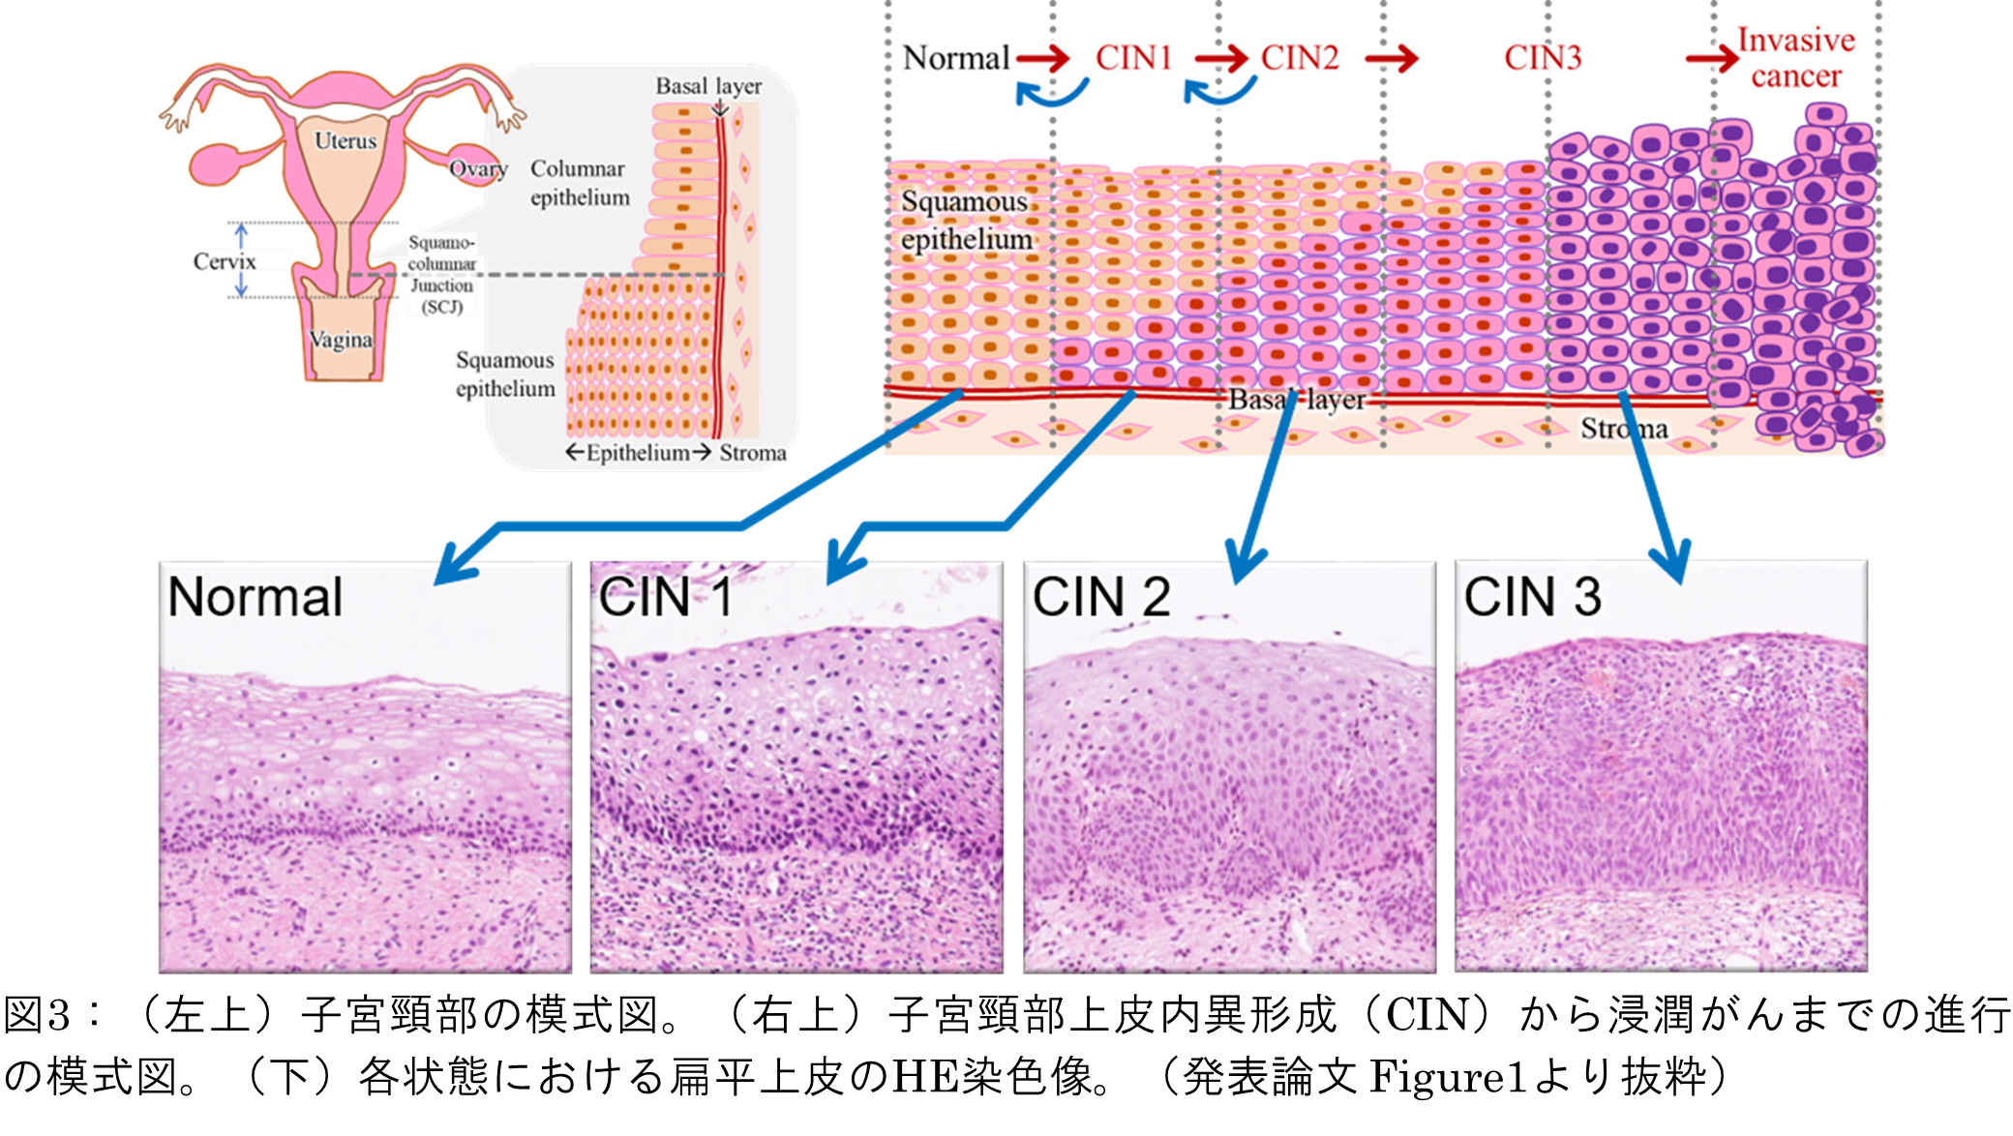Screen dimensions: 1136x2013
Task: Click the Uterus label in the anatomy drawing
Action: click(x=346, y=141)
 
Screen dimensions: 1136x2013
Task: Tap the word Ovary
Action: click(x=478, y=169)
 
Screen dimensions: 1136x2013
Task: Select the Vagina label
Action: click(x=341, y=340)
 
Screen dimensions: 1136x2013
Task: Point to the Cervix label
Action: click(x=225, y=261)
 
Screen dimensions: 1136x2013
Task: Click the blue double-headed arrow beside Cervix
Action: click(x=242, y=260)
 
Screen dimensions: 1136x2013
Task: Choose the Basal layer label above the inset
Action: click(x=708, y=86)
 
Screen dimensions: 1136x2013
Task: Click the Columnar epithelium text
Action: click(x=580, y=183)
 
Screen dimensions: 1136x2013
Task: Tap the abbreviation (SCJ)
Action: click(x=442, y=307)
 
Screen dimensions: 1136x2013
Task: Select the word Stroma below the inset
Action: click(x=753, y=453)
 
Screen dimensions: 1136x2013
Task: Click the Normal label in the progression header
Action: click(x=955, y=58)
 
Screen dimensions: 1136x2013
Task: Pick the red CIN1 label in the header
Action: click(x=1134, y=58)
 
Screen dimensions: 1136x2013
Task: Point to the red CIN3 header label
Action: click(x=1543, y=58)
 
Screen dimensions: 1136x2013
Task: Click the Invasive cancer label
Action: click(x=1795, y=58)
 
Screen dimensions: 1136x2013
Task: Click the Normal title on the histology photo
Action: click(x=255, y=597)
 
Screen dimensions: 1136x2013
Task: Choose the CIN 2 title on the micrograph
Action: click(x=1101, y=597)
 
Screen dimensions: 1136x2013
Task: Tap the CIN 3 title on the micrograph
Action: click(x=1533, y=597)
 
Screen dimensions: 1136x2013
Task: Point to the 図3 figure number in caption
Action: click(x=39, y=1015)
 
